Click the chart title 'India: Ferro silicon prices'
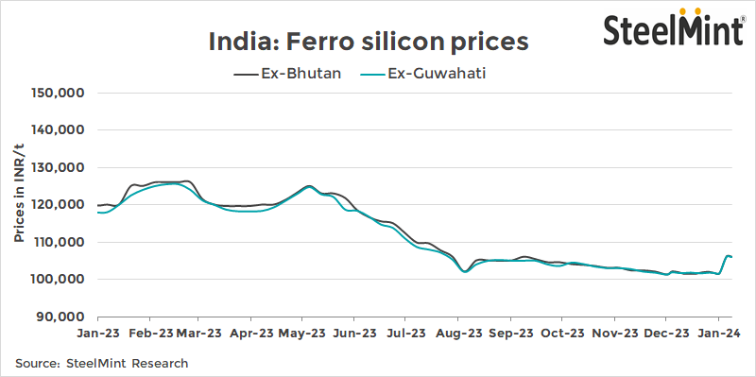click(368, 42)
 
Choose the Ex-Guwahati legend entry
click(430, 73)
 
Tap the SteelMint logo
click(674, 28)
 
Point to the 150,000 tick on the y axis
click(60, 94)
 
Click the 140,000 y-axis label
click(60, 130)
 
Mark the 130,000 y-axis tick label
click(60, 168)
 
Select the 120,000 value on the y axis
click(60, 205)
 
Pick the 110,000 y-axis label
click(60, 243)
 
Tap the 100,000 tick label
click(60, 280)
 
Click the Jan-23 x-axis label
click(98, 334)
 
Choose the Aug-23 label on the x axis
click(461, 334)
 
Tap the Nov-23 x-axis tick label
click(616, 334)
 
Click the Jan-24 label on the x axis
click(719, 334)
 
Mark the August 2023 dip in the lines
click(464, 271)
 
